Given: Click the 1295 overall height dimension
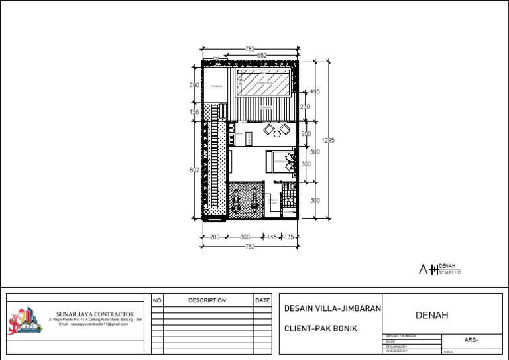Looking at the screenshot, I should [x=328, y=140].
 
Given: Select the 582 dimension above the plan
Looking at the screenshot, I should [x=262, y=56].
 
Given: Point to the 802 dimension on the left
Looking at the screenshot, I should [x=194, y=170].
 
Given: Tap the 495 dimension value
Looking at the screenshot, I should [x=315, y=91].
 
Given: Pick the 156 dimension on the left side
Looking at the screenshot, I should [x=194, y=112].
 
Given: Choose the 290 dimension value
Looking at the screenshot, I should [x=194, y=85].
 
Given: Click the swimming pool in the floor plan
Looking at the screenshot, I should [x=265, y=84].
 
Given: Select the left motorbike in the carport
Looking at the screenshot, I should [x=235, y=199].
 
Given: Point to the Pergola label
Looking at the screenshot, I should [x=217, y=86].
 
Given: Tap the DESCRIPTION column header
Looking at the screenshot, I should [x=207, y=300].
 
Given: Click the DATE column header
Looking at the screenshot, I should [x=262, y=300].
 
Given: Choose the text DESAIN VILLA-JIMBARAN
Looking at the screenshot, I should [x=332, y=309].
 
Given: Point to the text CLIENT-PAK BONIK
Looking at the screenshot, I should [x=320, y=328].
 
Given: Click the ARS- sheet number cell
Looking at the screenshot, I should [x=471, y=339].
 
